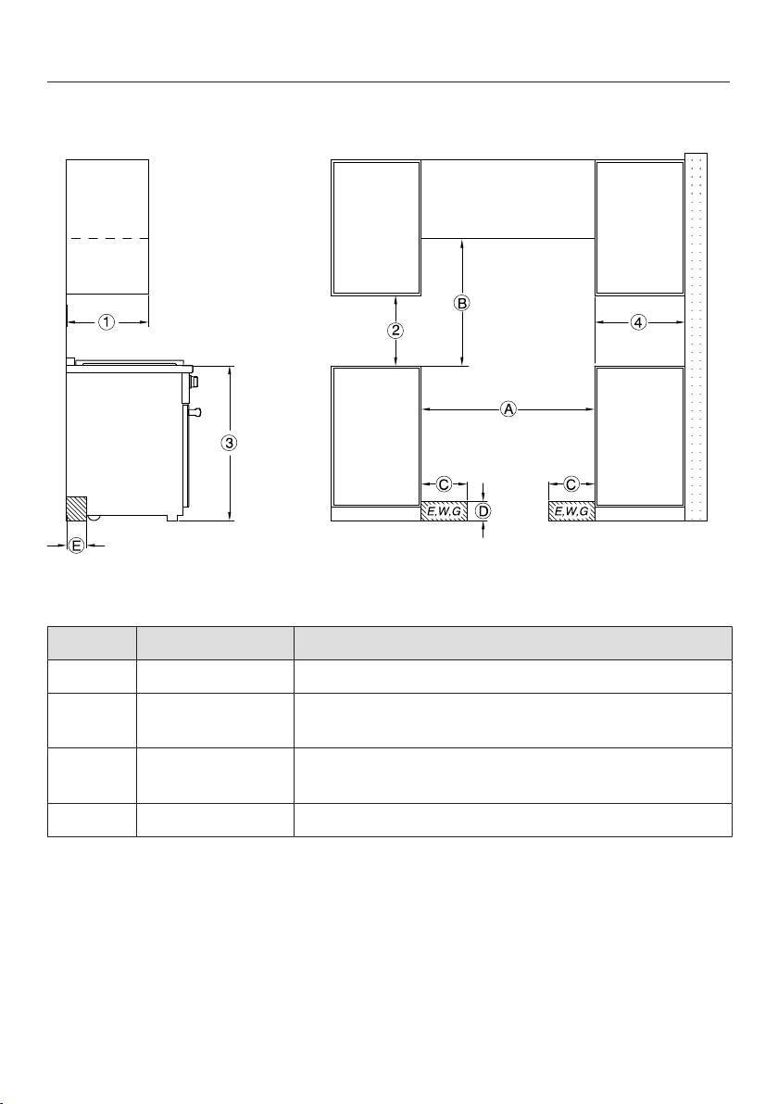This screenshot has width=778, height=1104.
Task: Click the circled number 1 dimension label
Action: (x=106, y=322)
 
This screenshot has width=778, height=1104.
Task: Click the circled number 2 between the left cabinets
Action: (x=396, y=331)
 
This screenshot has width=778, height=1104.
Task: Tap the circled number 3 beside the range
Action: (x=229, y=443)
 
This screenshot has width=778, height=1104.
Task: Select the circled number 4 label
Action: (x=638, y=322)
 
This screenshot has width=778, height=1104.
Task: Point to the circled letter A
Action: (x=508, y=408)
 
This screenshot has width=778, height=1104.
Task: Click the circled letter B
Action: (x=461, y=304)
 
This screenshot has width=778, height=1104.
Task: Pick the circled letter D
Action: (x=483, y=511)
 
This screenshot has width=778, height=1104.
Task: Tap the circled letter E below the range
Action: (x=77, y=545)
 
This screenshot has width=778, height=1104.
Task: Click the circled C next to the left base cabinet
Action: (x=445, y=484)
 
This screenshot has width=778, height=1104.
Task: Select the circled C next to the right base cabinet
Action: (x=571, y=484)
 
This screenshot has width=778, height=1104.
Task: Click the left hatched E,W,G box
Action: (x=445, y=512)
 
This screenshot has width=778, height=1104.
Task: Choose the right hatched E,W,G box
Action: (x=571, y=512)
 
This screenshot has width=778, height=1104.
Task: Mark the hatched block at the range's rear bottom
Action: (x=76, y=508)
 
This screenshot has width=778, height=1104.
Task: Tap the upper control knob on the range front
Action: (x=194, y=382)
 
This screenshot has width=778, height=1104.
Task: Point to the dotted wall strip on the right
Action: (x=696, y=336)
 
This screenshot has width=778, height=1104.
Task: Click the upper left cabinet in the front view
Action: (x=376, y=228)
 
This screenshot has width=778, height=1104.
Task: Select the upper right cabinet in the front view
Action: (x=640, y=228)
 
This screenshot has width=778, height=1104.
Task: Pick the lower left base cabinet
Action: (x=376, y=436)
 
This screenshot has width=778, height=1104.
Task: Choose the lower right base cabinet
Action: (x=640, y=436)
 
